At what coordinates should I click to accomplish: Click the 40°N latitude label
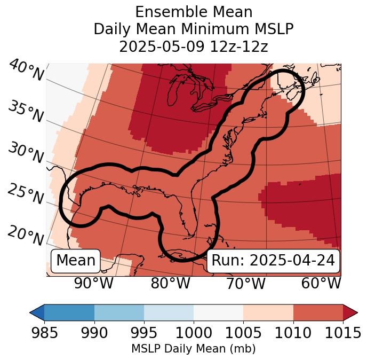click(25, 71)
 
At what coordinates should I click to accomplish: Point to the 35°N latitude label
click(25, 113)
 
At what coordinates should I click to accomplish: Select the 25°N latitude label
click(25, 194)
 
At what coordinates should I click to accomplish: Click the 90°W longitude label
click(94, 284)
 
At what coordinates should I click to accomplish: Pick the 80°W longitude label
click(170, 284)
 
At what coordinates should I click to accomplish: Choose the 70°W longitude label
click(245, 284)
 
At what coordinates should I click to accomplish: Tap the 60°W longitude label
click(321, 284)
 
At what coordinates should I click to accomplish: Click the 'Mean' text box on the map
click(76, 261)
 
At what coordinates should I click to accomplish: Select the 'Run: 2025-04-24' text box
click(273, 261)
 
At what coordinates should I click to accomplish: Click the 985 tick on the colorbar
click(45, 333)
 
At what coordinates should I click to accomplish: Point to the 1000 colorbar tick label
click(194, 333)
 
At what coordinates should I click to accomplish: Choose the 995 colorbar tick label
click(144, 333)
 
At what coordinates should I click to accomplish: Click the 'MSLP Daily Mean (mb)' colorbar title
click(194, 349)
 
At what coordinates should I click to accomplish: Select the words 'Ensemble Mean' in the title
click(194, 12)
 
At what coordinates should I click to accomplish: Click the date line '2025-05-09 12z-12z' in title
click(194, 47)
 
